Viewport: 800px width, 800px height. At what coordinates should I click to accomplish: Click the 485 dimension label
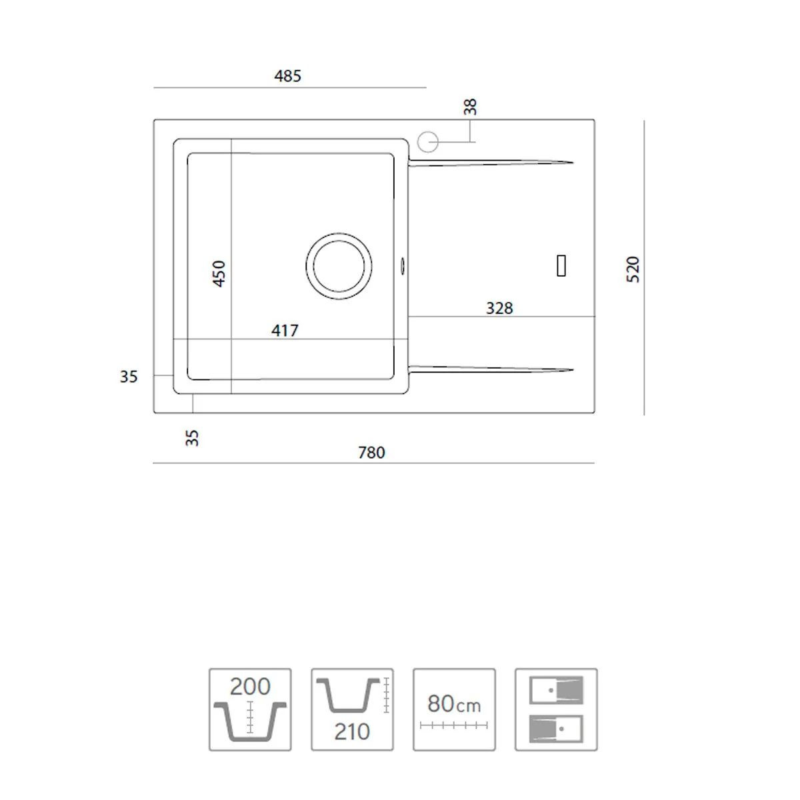(x=287, y=76)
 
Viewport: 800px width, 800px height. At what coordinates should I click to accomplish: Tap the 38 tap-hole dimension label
(x=470, y=107)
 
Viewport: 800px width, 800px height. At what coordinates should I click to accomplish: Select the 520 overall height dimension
(x=632, y=269)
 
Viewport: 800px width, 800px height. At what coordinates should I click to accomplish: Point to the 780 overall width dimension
(x=371, y=453)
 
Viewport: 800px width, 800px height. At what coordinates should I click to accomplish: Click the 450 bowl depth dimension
(x=219, y=273)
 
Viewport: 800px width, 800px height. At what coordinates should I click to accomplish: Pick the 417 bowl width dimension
(x=285, y=331)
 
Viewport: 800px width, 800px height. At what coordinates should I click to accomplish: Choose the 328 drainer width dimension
(x=499, y=308)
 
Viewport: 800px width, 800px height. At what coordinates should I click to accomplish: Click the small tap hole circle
(x=427, y=142)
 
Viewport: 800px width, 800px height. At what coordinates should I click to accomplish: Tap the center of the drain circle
(x=339, y=266)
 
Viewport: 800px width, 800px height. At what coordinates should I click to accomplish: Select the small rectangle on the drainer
(x=561, y=266)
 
